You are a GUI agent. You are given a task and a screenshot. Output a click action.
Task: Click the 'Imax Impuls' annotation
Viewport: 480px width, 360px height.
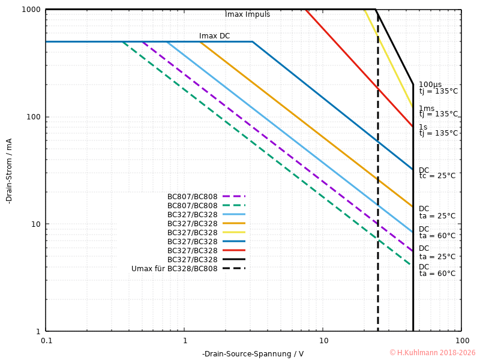[x=247, y=14]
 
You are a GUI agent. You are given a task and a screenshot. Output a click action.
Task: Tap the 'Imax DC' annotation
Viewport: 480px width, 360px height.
[x=214, y=36]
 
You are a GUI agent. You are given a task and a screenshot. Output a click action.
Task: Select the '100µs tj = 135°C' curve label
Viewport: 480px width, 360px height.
[x=438, y=88]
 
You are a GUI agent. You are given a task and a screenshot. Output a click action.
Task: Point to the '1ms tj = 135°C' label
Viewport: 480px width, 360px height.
[x=438, y=111]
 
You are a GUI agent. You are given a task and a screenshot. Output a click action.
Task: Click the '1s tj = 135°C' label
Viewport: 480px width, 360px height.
[x=438, y=130]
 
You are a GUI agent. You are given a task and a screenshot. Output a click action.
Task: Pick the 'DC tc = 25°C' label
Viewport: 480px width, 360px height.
[x=437, y=173]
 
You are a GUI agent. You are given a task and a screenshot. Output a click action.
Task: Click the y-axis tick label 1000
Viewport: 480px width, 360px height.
[x=31, y=10]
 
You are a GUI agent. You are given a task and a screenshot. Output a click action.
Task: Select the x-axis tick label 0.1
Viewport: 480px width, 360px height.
[x=46, y=340]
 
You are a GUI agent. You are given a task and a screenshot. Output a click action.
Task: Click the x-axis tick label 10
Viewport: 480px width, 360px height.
[x=323, y=340]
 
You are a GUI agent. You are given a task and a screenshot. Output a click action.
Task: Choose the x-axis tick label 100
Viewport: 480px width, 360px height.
[x=461, y=340]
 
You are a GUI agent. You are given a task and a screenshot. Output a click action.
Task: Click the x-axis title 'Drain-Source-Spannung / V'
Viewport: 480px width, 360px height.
[x=253, y=353]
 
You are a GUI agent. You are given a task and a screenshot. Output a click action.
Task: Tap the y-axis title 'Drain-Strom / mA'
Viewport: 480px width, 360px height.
[x=9, y=170]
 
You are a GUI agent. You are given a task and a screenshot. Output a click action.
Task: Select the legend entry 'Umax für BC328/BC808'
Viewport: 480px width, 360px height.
[x=174, y=269]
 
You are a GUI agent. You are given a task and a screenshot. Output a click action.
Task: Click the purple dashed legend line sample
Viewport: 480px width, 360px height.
[x=234, y=196]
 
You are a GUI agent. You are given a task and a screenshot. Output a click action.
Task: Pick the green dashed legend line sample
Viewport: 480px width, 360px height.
[x=234, y=205]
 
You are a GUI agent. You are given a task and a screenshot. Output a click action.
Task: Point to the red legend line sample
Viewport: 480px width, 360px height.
[x=234, y=250]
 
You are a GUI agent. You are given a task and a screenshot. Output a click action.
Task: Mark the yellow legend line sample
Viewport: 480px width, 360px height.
[x=234, y=232]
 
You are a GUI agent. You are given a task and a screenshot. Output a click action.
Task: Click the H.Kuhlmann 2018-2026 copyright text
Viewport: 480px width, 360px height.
[x=432, y=353]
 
